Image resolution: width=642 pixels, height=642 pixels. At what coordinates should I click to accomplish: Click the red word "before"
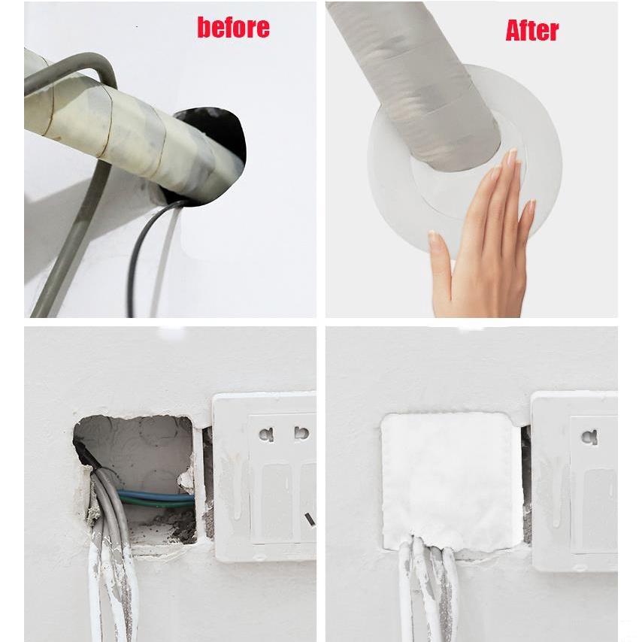point(233,27)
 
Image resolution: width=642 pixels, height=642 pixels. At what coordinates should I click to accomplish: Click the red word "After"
point(531,30)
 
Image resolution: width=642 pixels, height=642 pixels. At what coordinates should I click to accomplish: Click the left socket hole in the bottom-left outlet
point(266,434)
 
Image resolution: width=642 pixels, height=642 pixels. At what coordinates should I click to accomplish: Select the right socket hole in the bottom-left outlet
point(301,433)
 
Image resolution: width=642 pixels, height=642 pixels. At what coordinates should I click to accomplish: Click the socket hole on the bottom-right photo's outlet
point(589,437)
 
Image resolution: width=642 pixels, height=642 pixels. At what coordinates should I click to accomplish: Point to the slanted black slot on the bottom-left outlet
point(310,519)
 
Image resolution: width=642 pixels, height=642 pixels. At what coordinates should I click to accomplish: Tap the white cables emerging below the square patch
point(428,589)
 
